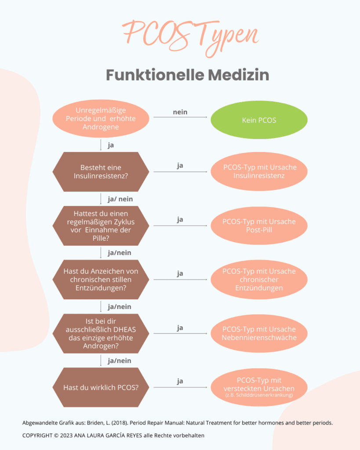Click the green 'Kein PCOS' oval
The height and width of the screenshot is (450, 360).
[259, 120]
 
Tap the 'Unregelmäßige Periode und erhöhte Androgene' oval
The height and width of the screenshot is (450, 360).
[101, 119]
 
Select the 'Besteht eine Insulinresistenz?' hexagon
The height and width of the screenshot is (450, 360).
[101, 172]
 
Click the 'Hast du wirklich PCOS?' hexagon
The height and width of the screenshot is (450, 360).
[101, 387]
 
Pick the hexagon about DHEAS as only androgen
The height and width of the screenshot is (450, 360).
[101, 334]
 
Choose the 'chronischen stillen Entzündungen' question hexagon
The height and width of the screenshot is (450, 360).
[101, 279]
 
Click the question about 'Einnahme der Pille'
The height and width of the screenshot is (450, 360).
[101, 225]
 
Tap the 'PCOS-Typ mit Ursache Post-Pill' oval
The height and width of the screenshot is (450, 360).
[259, 225]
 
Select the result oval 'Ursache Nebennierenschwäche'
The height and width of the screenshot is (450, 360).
[259, 334]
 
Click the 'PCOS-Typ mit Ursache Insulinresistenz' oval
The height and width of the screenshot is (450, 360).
[259, 172]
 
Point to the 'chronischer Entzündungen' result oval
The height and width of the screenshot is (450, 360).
[259, 279]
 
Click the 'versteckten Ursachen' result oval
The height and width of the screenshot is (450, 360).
[259, 387]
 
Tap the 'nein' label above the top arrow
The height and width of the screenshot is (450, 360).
[180, 112]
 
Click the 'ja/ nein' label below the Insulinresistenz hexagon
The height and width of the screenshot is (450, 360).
[120, 199]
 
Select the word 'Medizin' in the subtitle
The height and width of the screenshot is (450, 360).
[238, 75]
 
